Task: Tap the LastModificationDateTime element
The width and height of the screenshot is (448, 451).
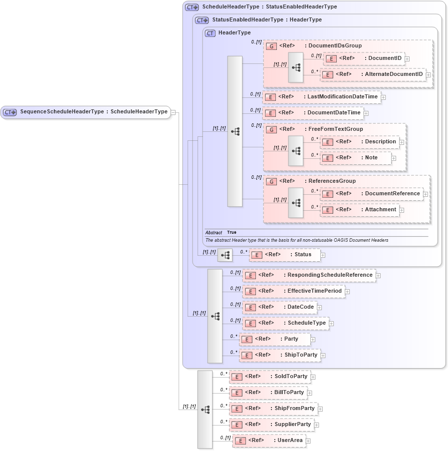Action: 321,97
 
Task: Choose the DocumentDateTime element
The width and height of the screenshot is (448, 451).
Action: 313,113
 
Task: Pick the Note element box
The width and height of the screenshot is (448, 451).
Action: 355,158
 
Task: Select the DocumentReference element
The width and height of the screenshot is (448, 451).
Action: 371,194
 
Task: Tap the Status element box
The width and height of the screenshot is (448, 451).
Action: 284,255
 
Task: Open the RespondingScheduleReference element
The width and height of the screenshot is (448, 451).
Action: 309,275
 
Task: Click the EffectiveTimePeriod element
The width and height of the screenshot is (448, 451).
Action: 293,291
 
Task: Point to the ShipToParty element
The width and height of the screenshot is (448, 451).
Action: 279,355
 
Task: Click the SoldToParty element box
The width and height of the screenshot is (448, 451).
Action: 269,377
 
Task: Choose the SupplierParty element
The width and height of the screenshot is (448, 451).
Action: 271,425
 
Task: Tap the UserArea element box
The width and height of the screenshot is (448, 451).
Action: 269,441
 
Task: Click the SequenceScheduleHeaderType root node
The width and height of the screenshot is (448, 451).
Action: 86,112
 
